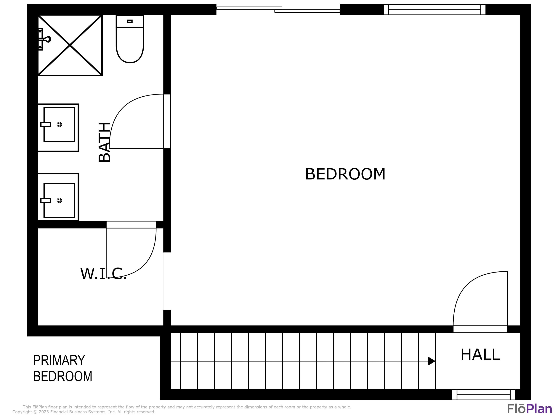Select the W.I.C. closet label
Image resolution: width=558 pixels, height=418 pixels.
point(103,274)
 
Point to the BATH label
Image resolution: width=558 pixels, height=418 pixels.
point(104,142)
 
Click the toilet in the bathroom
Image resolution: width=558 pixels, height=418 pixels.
point(130,39)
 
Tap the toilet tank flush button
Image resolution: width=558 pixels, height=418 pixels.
point(130,21)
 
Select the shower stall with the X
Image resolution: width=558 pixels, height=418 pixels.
point(70,45)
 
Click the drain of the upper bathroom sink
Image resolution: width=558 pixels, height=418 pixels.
point(59,124)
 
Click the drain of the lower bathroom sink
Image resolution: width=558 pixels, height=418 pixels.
point(59,200)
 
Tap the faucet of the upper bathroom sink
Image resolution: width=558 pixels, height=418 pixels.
point(46,124)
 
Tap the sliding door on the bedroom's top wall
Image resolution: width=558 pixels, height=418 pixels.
point(278,10)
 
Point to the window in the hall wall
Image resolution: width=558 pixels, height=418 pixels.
point(484,395)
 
